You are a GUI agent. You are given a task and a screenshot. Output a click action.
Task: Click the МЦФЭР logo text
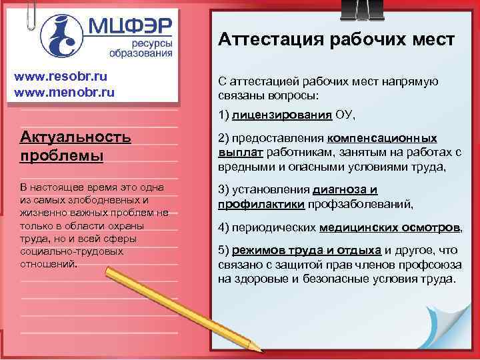[131, 27]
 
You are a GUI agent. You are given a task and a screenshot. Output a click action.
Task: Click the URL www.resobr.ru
[60, 75]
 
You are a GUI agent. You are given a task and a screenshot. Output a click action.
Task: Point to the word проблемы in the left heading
[61, 156]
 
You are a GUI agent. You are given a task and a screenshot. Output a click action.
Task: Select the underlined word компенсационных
[382, 138]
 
